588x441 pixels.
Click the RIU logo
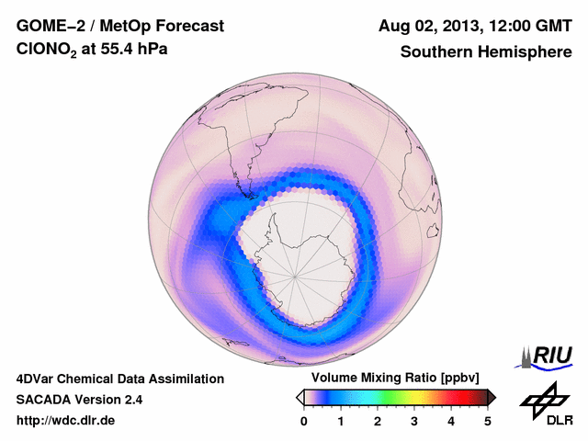[548, 356]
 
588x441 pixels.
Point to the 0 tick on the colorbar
[304, 421]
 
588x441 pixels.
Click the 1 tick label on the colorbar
[341, 421]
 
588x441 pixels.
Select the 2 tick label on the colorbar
[378, 421]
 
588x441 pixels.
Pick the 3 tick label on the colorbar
[414, 421]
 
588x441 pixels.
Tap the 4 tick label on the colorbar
[451, 421]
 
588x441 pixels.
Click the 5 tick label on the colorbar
[488, 421]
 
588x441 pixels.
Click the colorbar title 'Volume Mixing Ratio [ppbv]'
[396, 379]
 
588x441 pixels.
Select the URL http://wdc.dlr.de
[66, 421]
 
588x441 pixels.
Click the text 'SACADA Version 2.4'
[79, 400]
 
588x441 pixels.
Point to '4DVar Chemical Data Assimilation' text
[119, 379]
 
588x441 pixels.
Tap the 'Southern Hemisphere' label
[486, 52]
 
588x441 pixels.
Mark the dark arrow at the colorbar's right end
[492, 397]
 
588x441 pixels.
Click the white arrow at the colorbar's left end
[300, 397]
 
